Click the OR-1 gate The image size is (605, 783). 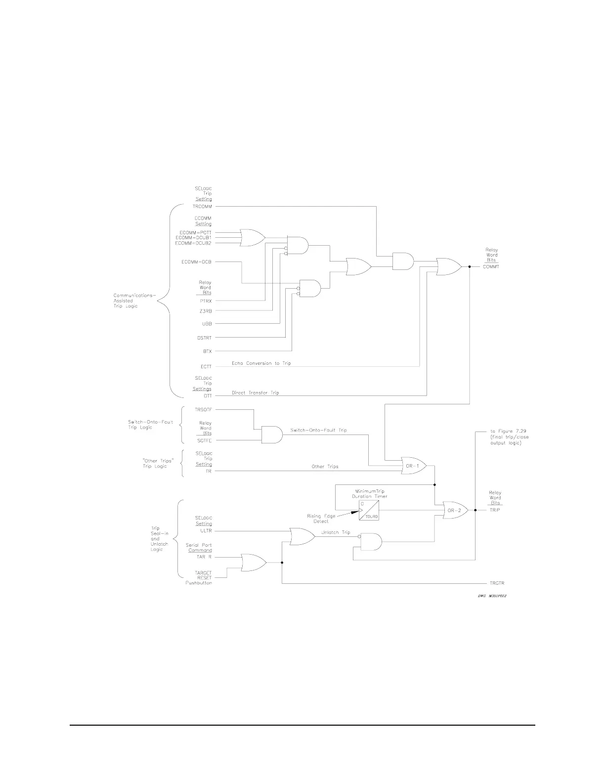pos(413,466)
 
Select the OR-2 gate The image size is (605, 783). pos(455,510)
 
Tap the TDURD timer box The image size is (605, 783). pos(369,510)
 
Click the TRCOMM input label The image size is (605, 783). pos(202,207)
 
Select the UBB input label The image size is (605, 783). pos(207,324)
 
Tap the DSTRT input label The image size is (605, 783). pos(204,338)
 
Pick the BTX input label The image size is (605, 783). pos(207,351)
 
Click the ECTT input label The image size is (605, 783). pos(206,367)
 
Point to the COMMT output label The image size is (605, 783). pos(491,267)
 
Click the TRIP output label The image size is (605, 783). pos(494,510)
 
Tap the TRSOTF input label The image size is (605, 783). pos(204,409)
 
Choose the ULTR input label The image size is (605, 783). pos(206,531)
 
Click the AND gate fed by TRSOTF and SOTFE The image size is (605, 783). pos(271,435)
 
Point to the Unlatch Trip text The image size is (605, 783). pos(336,533)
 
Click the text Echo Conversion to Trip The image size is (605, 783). pos(261,363)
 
